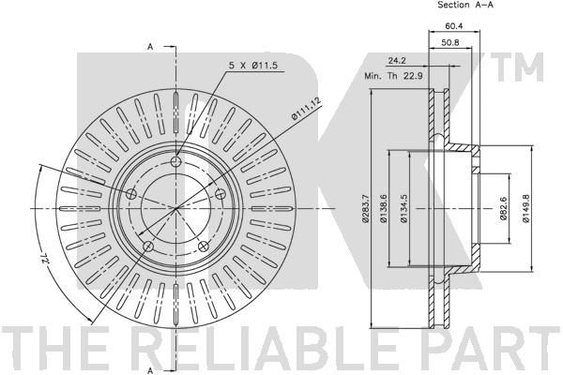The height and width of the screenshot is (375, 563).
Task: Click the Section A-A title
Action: click(465, 5)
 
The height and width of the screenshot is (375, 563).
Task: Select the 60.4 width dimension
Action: click(454, 26)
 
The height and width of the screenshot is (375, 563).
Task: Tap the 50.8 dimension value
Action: click(449, 42)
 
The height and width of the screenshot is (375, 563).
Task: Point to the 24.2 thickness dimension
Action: click(397, 61)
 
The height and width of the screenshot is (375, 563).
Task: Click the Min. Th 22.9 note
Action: click(393, 76)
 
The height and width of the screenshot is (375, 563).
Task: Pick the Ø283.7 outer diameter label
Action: click(365, 208)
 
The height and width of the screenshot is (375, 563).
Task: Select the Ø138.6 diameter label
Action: click(384, 208)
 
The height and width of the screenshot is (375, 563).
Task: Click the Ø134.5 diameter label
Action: click(403, 208)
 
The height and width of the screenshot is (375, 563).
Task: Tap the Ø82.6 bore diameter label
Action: click(502, 209)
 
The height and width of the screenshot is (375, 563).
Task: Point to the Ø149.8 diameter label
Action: click(525, 208)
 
